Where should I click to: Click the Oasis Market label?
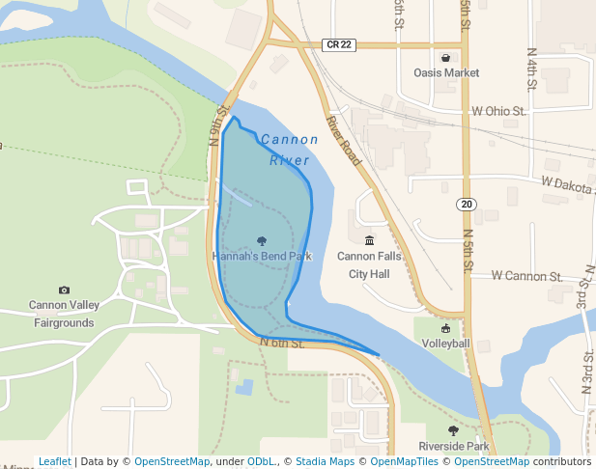(446, 72)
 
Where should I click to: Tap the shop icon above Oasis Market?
(445, 57)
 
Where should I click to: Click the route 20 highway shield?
(467, 204)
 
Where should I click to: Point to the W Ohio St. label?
(498, 111)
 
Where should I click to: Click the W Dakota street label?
(566, 182)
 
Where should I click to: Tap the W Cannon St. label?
(526, 276)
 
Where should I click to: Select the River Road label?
(343, 141)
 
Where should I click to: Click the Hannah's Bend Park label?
(262, 257)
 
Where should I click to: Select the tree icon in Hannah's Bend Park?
(262, 241)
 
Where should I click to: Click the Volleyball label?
(445, 344)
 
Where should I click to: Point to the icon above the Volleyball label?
(445, 328)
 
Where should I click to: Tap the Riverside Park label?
(454, 447)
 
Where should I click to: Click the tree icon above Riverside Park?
(453, 430)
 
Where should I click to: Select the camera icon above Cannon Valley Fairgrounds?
(64, 290)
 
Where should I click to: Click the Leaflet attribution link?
(54, 461)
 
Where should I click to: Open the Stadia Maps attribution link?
(325, 461)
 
